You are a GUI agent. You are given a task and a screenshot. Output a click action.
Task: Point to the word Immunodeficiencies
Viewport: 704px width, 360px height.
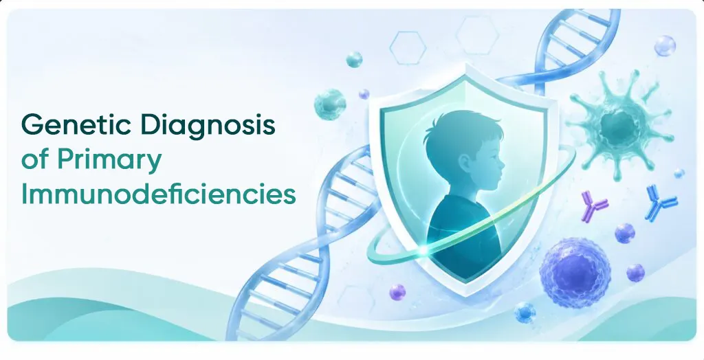pyautogui.click(x=159, y=194)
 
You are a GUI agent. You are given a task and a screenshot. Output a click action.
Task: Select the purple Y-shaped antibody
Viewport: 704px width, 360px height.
pyautogui.click(x=593, y=205)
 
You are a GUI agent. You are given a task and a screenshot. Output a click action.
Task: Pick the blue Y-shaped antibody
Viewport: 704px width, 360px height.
pyautogui.click(x=661, y=203)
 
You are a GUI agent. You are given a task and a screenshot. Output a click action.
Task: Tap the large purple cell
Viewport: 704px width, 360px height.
pyautogui.click(x=575, y=273)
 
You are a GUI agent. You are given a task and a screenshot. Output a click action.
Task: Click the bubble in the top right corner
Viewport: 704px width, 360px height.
pyautogui.click(x=665, y=46)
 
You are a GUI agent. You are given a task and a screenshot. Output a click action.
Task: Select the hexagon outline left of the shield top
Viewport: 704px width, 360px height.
pyautogui.click(x=408, y=47)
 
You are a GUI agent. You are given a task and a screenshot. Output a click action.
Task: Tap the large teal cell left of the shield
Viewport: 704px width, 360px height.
pyautogui.click(x=330, y=104)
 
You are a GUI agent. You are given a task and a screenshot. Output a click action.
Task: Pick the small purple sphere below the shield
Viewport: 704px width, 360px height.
pyautogui.click(x=397, y=292)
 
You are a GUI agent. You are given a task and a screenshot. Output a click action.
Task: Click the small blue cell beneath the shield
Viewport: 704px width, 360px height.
pyautogui.click(x=525, y=313)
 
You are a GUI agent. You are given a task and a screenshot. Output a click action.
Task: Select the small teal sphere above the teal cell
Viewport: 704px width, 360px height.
pyautogui.click(x=354, y=59)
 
